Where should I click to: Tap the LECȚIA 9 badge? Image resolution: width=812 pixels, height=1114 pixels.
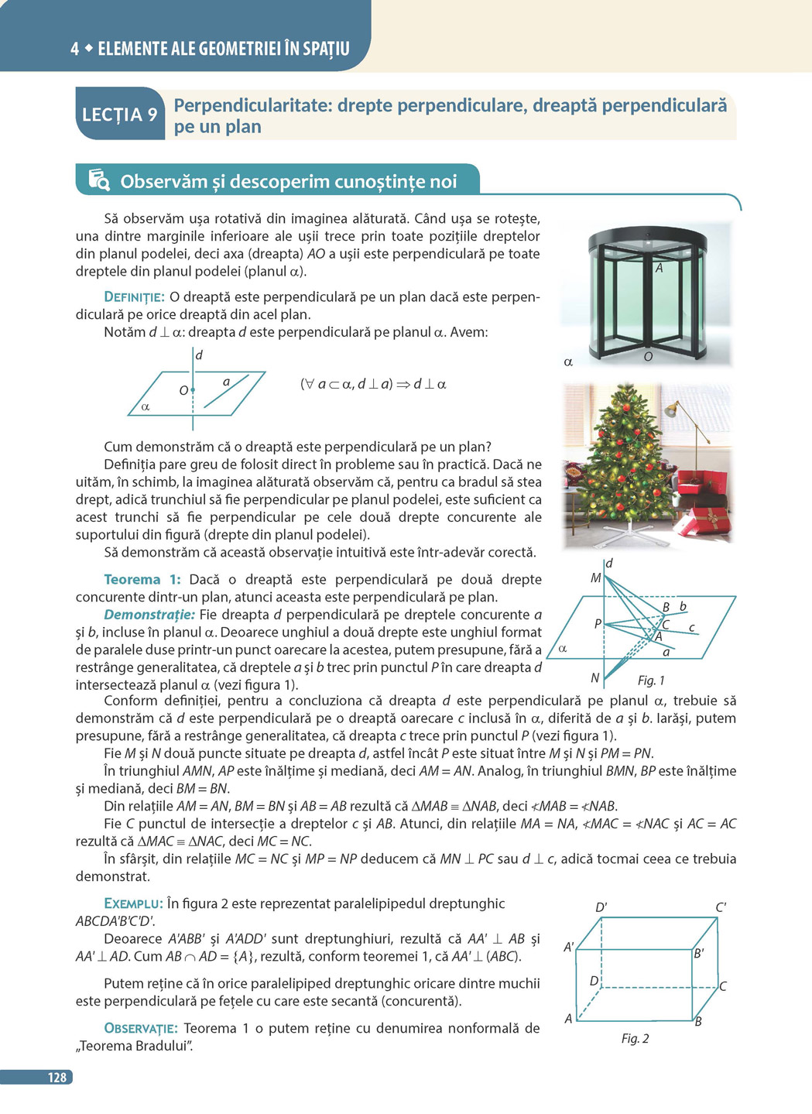pyautogui.click(x=120, y=114)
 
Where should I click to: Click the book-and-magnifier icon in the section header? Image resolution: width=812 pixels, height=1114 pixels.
pyautogui.click(x=99, y=180)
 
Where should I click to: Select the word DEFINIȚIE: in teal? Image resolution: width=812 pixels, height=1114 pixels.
pyautogui.click(x=134, y=297)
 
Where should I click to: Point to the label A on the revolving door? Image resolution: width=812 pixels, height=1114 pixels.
pyautogui.click(x=659, y=268)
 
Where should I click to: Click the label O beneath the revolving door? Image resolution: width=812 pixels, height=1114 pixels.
pyautogui.click(x=648, y=357)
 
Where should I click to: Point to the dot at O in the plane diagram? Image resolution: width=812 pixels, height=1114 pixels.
pyautogui.click(x=193, y=390)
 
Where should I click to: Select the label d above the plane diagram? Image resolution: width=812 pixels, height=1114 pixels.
pyautogui.click(x=199, y=355)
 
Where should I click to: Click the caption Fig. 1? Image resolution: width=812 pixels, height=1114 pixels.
pyautogui.click(x=651, y=680)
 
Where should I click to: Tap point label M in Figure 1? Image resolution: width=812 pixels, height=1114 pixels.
pyautogui.click(x=595, y=578)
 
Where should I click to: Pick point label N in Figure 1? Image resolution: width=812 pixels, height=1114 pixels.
pyautogui.click(x=595, y=677)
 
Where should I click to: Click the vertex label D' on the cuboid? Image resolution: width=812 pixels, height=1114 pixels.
pyautogui.click(x=601, y=907)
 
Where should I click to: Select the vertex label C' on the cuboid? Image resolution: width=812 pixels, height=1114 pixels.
pyautogui.click(x=721, y=907)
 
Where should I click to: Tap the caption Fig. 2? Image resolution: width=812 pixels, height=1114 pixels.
pyautogui.click(x=635, y=1038)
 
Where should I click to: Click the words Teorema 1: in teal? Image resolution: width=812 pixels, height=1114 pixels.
pyautogui.click(x=142, y=579)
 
